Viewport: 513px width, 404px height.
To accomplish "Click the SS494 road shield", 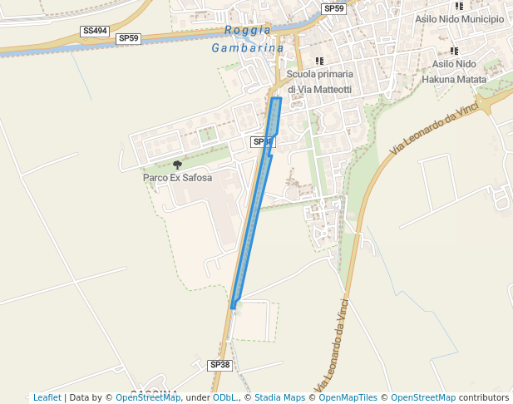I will [95, 31].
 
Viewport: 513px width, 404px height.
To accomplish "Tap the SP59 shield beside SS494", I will [129, 38].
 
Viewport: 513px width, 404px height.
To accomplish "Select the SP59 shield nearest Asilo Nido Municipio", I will [333, 8].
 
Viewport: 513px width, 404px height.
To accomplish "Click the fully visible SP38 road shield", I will [220, 365].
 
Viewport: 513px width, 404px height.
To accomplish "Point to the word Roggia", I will [248, 30].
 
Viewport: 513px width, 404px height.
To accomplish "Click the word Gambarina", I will [248, 48].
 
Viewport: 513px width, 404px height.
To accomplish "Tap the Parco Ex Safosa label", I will [177, 178].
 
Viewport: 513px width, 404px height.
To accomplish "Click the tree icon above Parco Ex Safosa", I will [177, 165].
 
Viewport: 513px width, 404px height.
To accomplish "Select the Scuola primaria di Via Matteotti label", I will [319, 81].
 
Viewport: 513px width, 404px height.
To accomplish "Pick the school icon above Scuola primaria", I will [319, 61].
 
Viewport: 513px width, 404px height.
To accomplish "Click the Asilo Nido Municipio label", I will [459, 18].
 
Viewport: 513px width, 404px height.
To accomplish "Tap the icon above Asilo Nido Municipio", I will [459, 5].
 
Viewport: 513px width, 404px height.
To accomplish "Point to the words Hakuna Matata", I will [454, 79].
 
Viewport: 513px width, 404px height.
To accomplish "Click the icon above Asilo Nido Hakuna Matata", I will [454, 51].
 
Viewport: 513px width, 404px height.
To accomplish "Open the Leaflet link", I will [47, 397].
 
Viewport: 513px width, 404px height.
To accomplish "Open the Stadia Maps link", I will [279, 397].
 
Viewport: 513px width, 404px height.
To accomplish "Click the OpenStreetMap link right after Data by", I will [148, 397].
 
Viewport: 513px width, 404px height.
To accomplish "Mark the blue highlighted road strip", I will [255, 208].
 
